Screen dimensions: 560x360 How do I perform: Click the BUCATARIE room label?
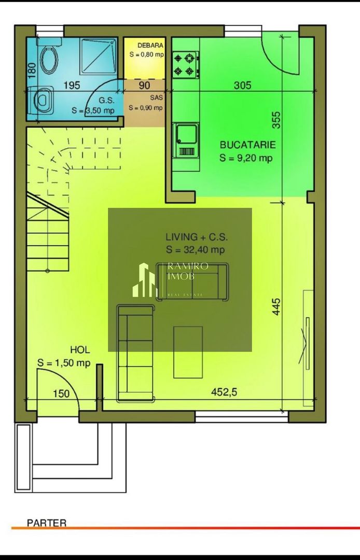(247, 145)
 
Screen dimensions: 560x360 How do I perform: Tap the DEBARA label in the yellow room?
(147, 45)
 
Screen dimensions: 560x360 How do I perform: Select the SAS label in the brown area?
(145, 97)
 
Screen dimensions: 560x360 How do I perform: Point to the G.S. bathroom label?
(100, 101)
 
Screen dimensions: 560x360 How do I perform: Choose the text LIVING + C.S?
(197, 237)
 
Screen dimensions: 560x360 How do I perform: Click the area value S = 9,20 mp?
(246, 158)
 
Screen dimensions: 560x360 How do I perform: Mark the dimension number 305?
(242, 86)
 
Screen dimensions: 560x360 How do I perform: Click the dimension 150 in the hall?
(61, 394)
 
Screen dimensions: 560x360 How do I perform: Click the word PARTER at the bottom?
(47, 523)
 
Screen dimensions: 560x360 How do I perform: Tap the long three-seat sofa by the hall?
(135, 354)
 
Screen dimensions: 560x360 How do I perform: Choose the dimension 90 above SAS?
(144, 86)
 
